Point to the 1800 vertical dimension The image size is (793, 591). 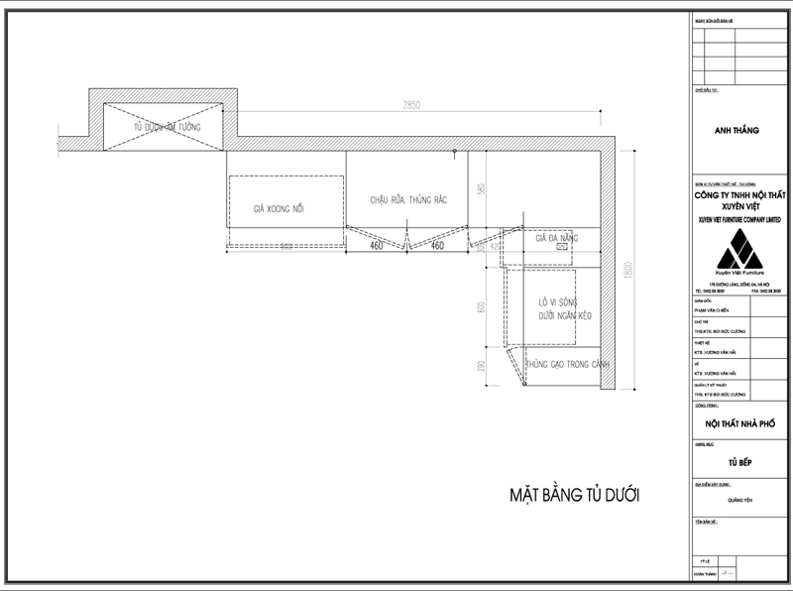(627, 269)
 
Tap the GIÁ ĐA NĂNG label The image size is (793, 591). (555, 239)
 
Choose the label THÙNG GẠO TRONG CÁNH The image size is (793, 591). (566, 366)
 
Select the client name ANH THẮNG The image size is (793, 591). (736, 130)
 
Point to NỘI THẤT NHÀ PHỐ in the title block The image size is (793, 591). (738, 423)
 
